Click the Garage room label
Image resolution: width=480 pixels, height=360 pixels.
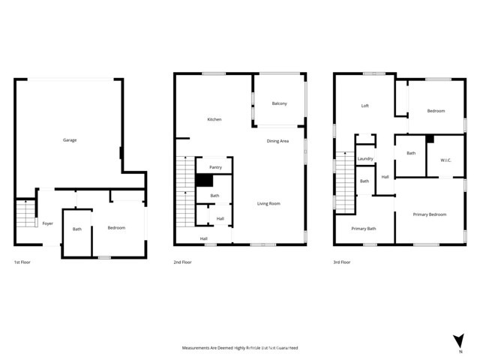(70, 140)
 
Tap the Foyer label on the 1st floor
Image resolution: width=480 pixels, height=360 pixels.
(47, 223)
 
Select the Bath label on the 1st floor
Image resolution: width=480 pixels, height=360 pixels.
(77, 229)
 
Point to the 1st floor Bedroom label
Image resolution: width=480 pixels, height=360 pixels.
(116, 227)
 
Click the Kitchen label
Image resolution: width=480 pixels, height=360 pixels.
(214, 120)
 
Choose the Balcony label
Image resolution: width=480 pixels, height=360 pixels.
(279, 103)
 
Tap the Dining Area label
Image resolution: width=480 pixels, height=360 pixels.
(278, 141)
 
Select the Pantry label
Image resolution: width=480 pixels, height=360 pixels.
(215, 167)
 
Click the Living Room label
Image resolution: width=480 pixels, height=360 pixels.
(268, 203)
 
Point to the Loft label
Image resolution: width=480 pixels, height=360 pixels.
(365, 106)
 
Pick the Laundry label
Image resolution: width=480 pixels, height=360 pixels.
(365, 159)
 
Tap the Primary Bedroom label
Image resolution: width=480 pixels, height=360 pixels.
(430, 214)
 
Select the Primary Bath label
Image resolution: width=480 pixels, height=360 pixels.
(364, 228)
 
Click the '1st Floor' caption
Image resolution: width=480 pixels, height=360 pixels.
(22, 262)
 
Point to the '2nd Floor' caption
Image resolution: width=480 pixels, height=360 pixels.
(183, 262)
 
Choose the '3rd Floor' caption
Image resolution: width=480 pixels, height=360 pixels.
(343, 262)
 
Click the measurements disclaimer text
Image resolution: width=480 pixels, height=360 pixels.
(240, 348)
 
